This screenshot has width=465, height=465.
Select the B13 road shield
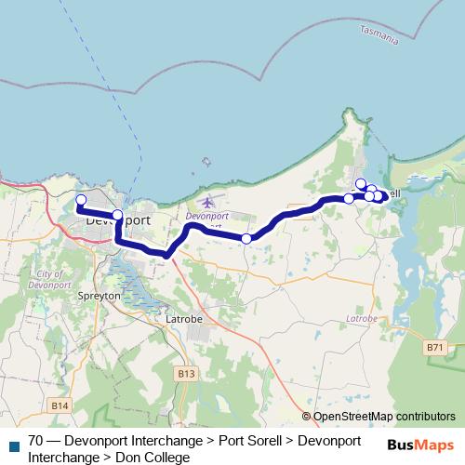tap(186, 374)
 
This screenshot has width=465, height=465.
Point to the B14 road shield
tap(60, 405)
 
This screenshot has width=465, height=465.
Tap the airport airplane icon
tap(206, 202)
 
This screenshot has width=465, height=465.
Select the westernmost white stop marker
tap(81, 200)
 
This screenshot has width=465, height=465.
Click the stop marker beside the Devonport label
tap(117, 216)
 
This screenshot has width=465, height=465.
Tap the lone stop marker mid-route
tap(246, 239)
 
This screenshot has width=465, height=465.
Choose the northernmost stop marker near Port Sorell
tap(361, 183)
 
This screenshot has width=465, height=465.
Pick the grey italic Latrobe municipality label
tap(361, 318)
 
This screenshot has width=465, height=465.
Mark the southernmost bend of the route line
tap(165, 254)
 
